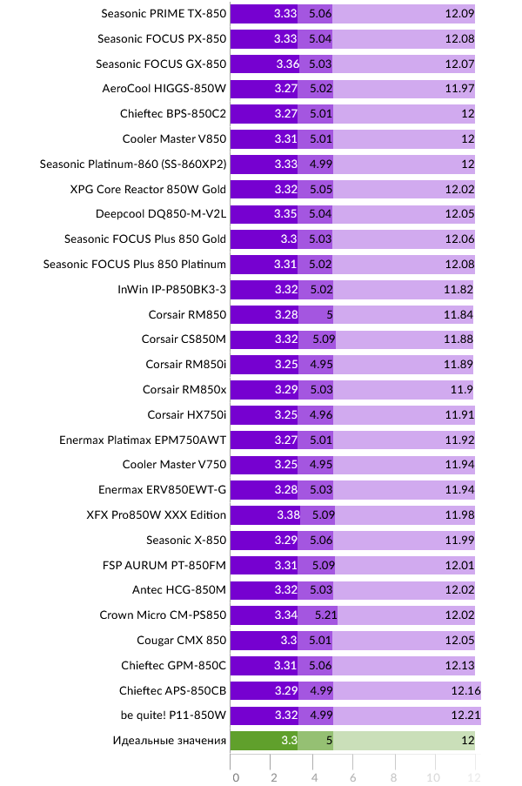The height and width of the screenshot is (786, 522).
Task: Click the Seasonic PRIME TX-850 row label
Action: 164,14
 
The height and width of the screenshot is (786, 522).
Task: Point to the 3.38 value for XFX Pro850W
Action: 287,515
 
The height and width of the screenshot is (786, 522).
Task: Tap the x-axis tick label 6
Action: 353,777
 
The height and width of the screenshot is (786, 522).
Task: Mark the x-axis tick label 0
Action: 235,777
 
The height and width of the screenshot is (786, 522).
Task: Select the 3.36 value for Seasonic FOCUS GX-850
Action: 286,64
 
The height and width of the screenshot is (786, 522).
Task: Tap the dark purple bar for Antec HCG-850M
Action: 264,591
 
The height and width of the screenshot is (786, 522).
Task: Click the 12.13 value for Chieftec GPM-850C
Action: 458,666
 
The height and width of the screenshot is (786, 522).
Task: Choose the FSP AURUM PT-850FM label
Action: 164,566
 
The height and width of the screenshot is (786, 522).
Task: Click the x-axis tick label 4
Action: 313,777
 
